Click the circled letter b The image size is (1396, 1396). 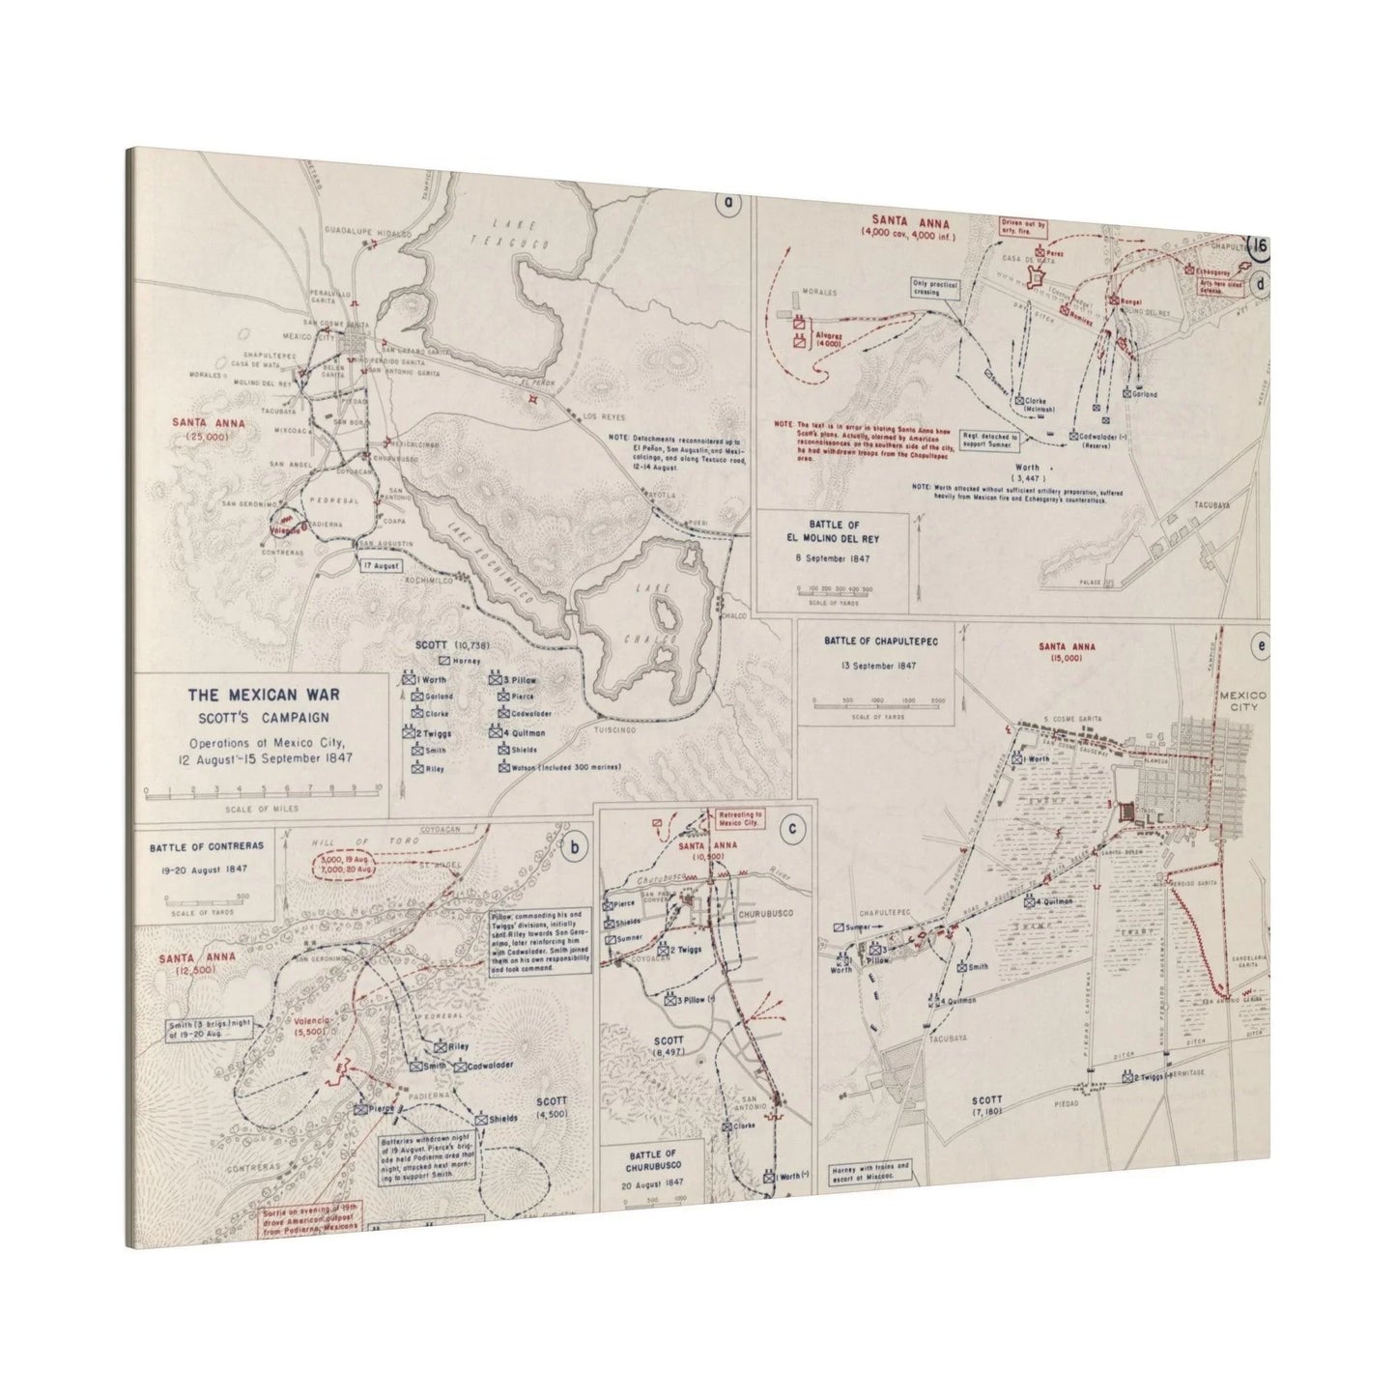pos(574,849)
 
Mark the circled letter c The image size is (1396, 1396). pos(792,827)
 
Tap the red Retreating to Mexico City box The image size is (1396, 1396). pos(740,819)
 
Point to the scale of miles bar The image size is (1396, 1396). pos(263,791)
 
